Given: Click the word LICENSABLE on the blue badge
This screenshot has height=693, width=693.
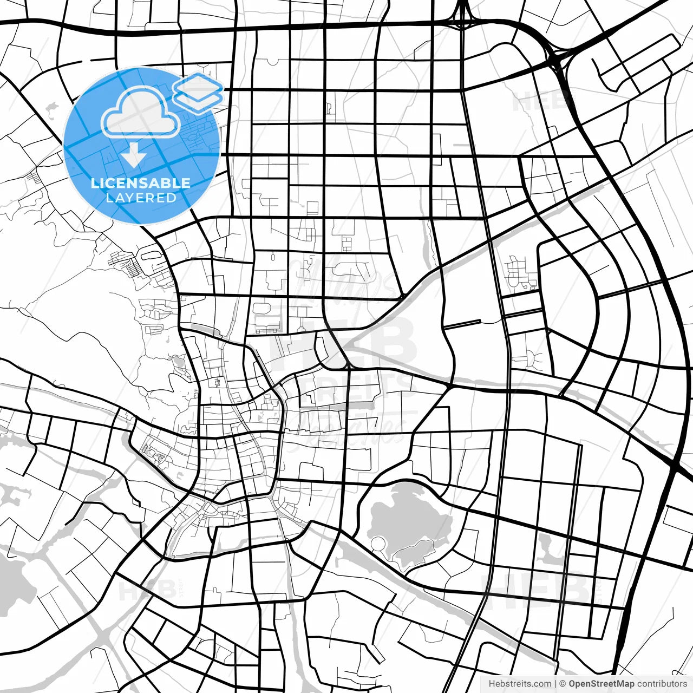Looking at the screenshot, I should pyautogui.click(x=141, y=183).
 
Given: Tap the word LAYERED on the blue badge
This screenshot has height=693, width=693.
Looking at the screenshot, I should pyautogui.click(x=141, y=198).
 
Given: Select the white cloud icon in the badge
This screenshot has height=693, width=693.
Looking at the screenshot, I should pyautogui.click(x=141, y=113).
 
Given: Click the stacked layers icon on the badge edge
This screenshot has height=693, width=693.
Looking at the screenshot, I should pyautogui.click(x=198, y=93).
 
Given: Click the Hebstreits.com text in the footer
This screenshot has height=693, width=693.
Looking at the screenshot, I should pyautogui.click(x=520, y=684).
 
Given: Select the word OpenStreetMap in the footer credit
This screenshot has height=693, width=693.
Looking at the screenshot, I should pyautogui.click(x=601, y=684).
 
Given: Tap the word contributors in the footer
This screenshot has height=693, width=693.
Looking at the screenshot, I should pyautogui.click(x=662, y=684).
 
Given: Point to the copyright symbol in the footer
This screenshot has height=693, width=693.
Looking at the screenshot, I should pyautogui.click(x=563, y=684).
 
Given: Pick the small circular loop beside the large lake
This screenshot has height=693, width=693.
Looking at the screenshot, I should pyautogui.click(x=379, y=544).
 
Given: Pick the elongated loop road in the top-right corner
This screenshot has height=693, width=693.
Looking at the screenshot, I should pyautogui.click(x=636, y=62).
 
